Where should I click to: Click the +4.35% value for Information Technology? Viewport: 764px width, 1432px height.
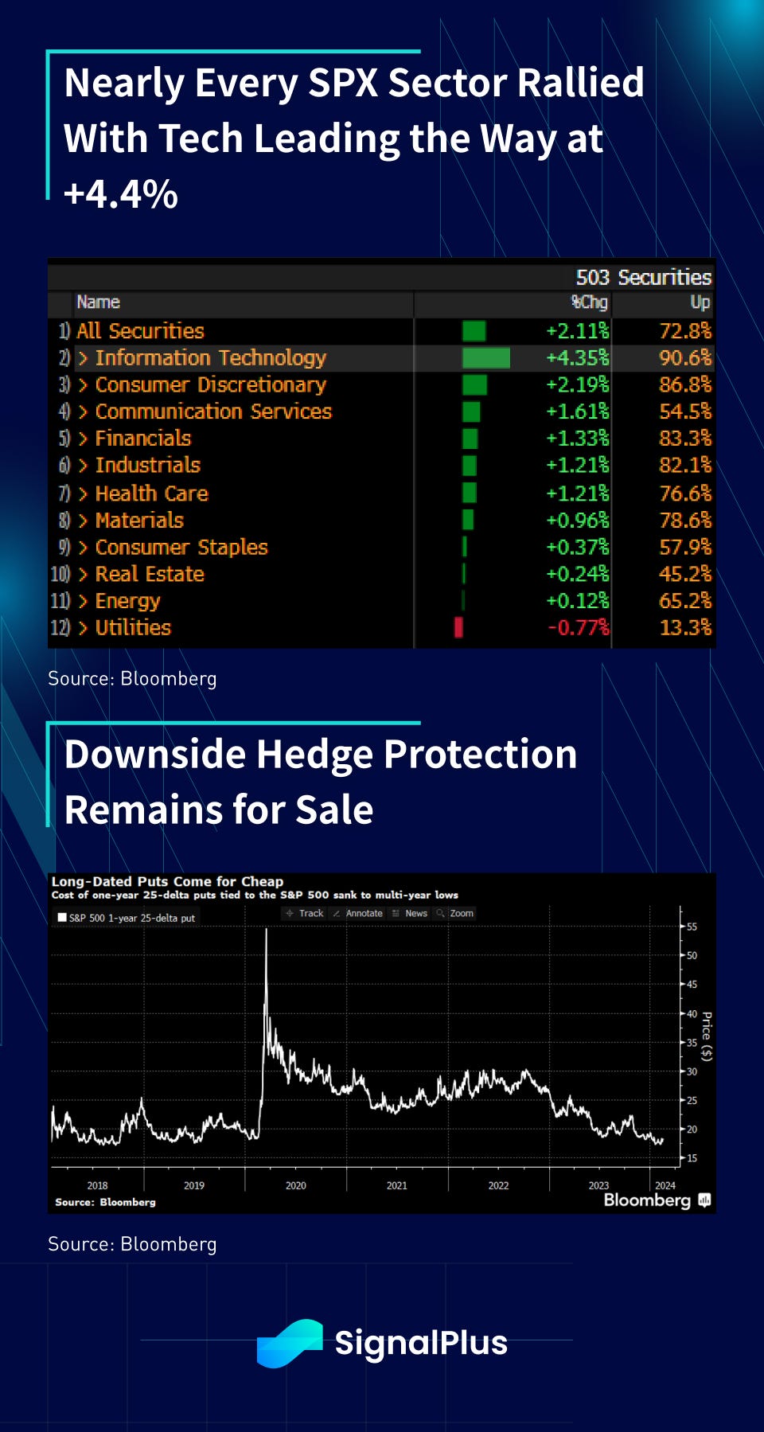[x=577, y=358]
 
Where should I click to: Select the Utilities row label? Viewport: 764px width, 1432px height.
[x=133, y=628]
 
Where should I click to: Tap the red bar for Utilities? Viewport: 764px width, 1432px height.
[x=458, y=627]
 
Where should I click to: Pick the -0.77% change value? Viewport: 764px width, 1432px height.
[x=579, y=628]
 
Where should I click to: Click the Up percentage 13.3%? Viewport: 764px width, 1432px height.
[x=685, y=628]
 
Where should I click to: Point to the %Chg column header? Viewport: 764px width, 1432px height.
[x=590, y=302]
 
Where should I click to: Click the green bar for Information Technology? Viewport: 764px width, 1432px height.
[x=485, y=358]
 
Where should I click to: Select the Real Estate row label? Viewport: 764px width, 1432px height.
[x=150, y=575]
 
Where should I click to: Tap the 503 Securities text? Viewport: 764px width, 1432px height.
[x=643, y=277]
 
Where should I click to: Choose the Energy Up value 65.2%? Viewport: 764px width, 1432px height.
[x=685, y=601]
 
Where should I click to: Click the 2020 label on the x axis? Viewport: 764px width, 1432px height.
[x=295, y=1185]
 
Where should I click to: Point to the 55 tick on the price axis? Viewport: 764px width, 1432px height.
[x=692, y=927]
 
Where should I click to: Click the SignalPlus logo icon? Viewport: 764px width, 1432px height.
[x=290, y=1343]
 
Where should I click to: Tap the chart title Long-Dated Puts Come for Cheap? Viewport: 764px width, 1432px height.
[x=167, y=881]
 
